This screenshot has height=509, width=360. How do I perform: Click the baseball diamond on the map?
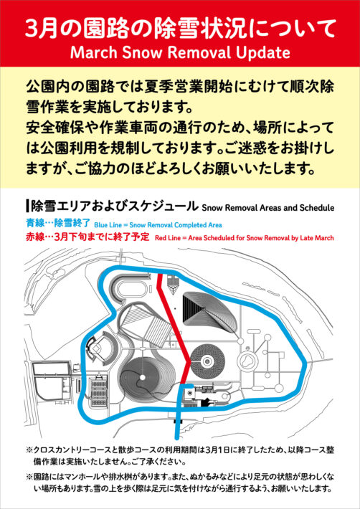(95, 350)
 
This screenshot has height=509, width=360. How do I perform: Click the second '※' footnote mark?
(29, 477)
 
